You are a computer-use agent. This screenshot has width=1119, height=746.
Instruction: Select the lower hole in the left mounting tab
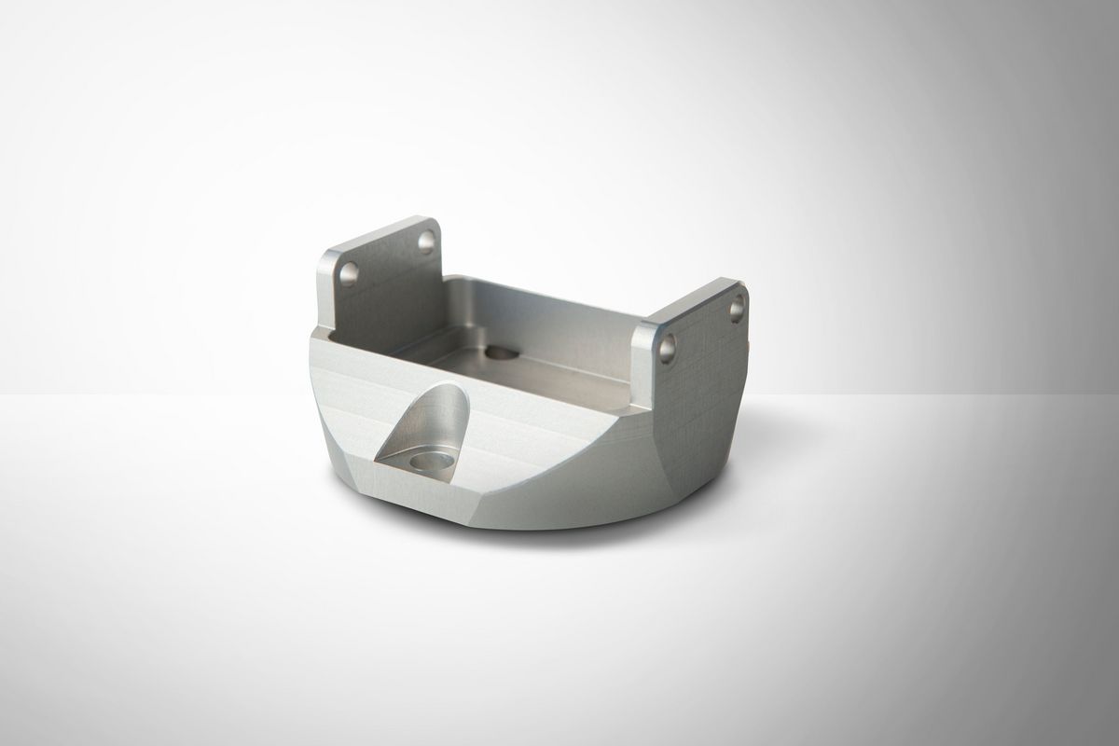(350, 273)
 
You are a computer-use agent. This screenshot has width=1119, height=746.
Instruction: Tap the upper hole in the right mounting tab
(737, 305)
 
